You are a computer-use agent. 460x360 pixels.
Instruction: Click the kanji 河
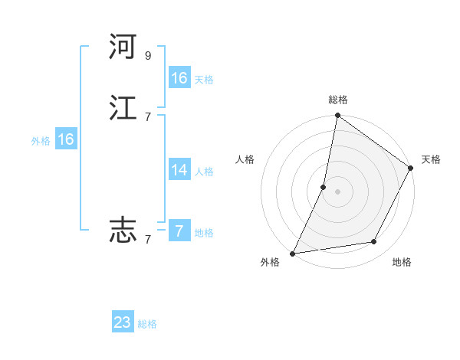tap(123, 47)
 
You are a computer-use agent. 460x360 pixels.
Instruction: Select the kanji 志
tap(123, 230)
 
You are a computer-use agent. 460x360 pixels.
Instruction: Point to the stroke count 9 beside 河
tap(148, 56)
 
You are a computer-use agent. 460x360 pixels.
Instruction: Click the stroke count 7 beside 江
tap(148, 116)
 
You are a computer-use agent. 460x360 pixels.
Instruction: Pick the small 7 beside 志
tap(148, 239)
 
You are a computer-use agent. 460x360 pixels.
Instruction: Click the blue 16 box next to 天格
tap(179, 78)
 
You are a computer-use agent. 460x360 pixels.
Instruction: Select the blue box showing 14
tap(179, 170)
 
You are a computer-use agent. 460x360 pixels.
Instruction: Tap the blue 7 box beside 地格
tap(179, 231)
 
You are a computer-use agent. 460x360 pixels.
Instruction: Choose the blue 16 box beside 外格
tap(66, 139)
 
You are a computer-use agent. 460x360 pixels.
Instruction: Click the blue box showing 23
tap(123, 322)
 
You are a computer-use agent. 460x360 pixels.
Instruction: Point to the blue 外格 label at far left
tap(41, 141)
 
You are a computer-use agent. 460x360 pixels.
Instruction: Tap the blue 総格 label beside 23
tap(147, 324)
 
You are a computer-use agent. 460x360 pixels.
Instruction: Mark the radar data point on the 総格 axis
tap(337, 116)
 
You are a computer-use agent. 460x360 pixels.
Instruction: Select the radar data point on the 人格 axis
tap(324, 187)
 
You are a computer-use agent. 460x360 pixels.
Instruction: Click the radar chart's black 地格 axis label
tap(402, 262)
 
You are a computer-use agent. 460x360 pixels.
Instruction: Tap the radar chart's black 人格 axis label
tap(245, 159)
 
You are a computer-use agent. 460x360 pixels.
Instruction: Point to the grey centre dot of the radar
tap(337, 191)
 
